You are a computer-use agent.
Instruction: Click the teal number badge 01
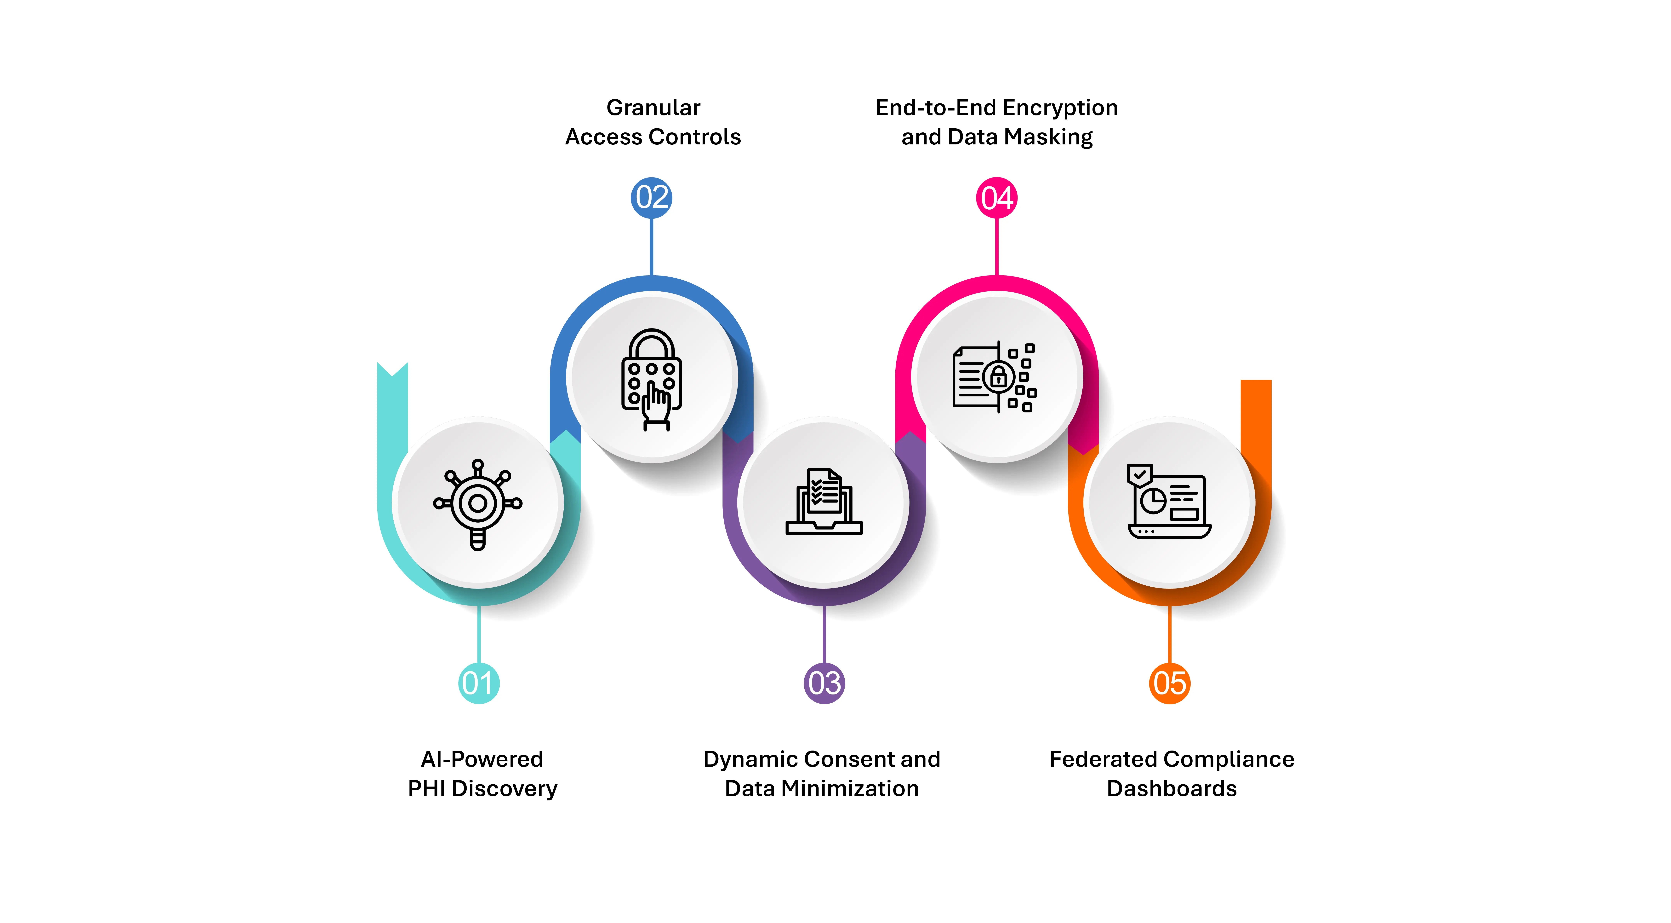point(479,683)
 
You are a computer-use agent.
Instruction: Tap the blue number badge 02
point(651,197)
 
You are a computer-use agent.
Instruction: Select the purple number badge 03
point(824,683)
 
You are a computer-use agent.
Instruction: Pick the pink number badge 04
point(996,197)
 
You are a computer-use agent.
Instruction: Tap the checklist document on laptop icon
point(824,501)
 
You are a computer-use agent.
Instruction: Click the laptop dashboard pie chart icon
point(1169,501)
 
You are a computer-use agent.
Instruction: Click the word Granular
point(653,108)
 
